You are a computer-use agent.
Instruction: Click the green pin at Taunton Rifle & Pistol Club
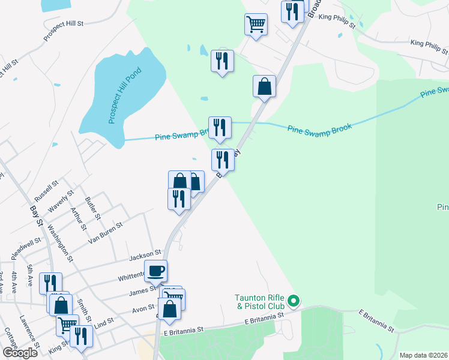coord(294,300)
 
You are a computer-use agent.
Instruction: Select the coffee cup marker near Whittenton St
coord(156,271)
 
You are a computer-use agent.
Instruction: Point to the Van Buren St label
coord(106,233)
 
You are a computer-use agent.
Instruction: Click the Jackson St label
coord(146,256)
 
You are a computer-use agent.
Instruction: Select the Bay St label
coord(36,216)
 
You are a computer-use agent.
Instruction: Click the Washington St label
coord(60,243)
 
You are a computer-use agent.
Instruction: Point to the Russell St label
coord(46,191)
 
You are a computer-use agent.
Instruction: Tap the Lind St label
coord(103,323)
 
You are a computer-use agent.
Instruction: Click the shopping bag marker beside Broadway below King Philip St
coord(264,87)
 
